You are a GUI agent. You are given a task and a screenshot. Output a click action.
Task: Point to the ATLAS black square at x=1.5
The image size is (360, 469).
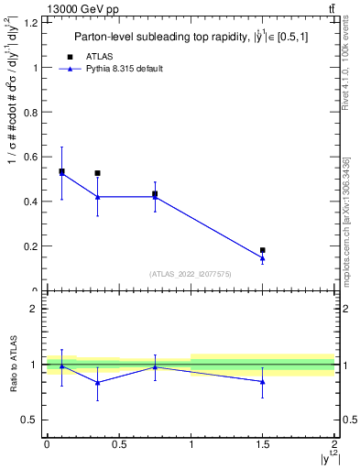(x=263, y=250)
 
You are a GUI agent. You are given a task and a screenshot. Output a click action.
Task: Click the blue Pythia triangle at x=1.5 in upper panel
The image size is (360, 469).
(x=263, y=258)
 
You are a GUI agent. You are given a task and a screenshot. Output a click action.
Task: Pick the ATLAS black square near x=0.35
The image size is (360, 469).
(x=97, y=173)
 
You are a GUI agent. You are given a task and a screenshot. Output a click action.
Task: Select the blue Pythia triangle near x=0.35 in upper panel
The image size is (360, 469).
(x=97, y=197)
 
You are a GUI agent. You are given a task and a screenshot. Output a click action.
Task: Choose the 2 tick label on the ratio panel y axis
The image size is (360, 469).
(x=36, y=309)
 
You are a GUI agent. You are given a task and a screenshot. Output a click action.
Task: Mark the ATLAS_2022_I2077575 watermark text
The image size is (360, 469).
(x=190, y=274)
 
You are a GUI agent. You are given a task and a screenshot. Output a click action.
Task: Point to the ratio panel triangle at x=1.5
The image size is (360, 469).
(x=263, y=381)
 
